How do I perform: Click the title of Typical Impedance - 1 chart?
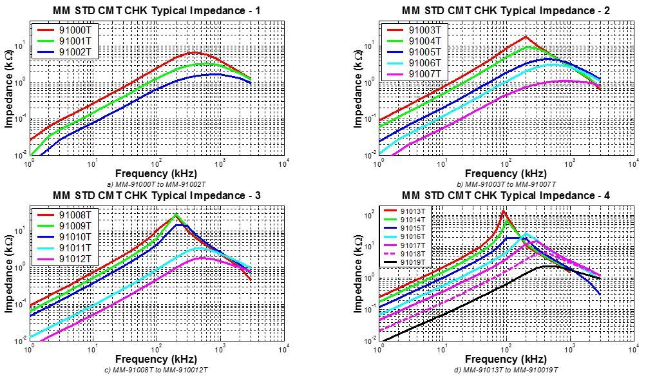click(x=157, y=10)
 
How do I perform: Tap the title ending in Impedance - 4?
click(x=506, y=195)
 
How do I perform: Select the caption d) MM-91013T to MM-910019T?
click(x=506, y=370)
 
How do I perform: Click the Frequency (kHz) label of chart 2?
click(x=506, y=173)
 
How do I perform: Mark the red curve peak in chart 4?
click(x=504, y=211)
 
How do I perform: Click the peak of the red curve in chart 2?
click(x=526, y=36)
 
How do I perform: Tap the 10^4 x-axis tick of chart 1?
click(x=283, y=164)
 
